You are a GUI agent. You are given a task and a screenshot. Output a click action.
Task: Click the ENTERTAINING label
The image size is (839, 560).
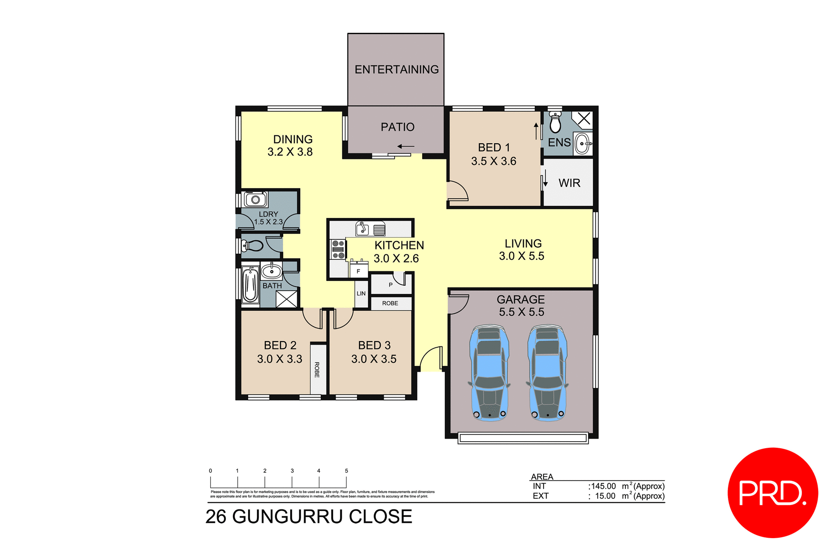point(396,69)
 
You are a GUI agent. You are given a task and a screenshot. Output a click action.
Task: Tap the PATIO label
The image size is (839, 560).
point(397,127)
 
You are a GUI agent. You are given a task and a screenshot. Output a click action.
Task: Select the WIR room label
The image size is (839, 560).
point(569,183)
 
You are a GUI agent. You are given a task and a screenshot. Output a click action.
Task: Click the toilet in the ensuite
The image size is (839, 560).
point(555,122)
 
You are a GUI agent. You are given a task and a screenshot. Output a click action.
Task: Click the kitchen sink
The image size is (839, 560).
point(362,228)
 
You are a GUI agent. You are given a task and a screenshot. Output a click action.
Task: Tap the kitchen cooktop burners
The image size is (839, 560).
point(338,249)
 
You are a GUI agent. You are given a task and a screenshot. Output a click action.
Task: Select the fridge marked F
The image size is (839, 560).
point(358,271)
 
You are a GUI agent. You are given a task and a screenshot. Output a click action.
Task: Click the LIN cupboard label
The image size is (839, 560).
point(361,294)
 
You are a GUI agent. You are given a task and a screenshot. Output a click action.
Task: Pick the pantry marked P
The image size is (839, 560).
point(391,285)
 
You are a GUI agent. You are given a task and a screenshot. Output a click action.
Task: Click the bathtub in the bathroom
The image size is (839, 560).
point(250,284)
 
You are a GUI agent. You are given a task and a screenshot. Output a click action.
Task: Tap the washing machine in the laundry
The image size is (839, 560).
point(256,200)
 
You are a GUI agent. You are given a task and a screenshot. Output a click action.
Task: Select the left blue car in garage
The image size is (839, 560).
point(489,373)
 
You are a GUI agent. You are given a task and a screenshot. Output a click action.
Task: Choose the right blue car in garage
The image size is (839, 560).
point(548,373)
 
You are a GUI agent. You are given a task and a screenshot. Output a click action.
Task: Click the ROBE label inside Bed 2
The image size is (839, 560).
point(317,370)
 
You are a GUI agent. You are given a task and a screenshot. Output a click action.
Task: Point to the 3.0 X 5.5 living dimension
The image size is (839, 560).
point(522,256)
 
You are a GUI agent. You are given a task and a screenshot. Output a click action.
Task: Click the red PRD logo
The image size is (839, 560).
point(773,493)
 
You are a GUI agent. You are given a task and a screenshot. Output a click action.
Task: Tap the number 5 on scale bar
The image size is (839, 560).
point(347,471)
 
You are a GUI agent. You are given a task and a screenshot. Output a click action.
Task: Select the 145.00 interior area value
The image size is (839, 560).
point(603,486)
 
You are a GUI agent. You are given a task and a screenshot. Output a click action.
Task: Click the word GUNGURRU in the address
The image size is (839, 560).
point(288,517)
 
